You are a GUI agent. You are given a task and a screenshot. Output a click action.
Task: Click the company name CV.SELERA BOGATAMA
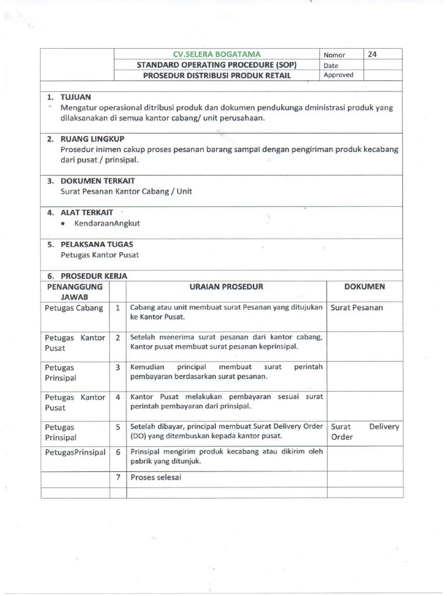[x=215, y=55]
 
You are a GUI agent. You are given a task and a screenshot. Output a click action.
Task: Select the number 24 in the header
[x=372, y=54]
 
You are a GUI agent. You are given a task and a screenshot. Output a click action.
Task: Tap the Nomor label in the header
[x=334, y=55]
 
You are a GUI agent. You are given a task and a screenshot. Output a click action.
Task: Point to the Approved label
[x=338, y=75]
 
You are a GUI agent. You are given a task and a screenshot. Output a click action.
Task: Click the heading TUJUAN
[x=76, y=97]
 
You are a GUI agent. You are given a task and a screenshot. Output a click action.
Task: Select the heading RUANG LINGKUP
[x=93, y=139]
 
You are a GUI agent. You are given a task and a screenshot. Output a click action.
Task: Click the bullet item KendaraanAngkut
[x=107, y=223]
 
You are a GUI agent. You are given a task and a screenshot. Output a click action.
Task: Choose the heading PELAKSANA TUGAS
[x=97, y=244]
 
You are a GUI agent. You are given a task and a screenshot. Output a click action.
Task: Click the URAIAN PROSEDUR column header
[x=226, y=286]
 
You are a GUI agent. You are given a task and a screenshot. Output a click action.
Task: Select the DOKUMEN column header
[x=364, y=286]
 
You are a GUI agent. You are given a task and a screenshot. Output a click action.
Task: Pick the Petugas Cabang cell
[x=74, y=308]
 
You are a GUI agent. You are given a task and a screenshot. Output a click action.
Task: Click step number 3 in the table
[x=118, y=367]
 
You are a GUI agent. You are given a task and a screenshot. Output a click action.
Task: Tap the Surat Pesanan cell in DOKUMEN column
[x=357, y=308]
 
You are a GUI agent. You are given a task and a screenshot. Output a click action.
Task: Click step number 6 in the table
[x=118, y=452]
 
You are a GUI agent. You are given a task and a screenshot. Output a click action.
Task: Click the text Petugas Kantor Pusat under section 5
[x=100, y=255]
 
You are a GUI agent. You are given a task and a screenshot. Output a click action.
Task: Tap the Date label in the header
[x=331, y=65]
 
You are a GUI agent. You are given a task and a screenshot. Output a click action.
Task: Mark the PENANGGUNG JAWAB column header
[x=74, y=292]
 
